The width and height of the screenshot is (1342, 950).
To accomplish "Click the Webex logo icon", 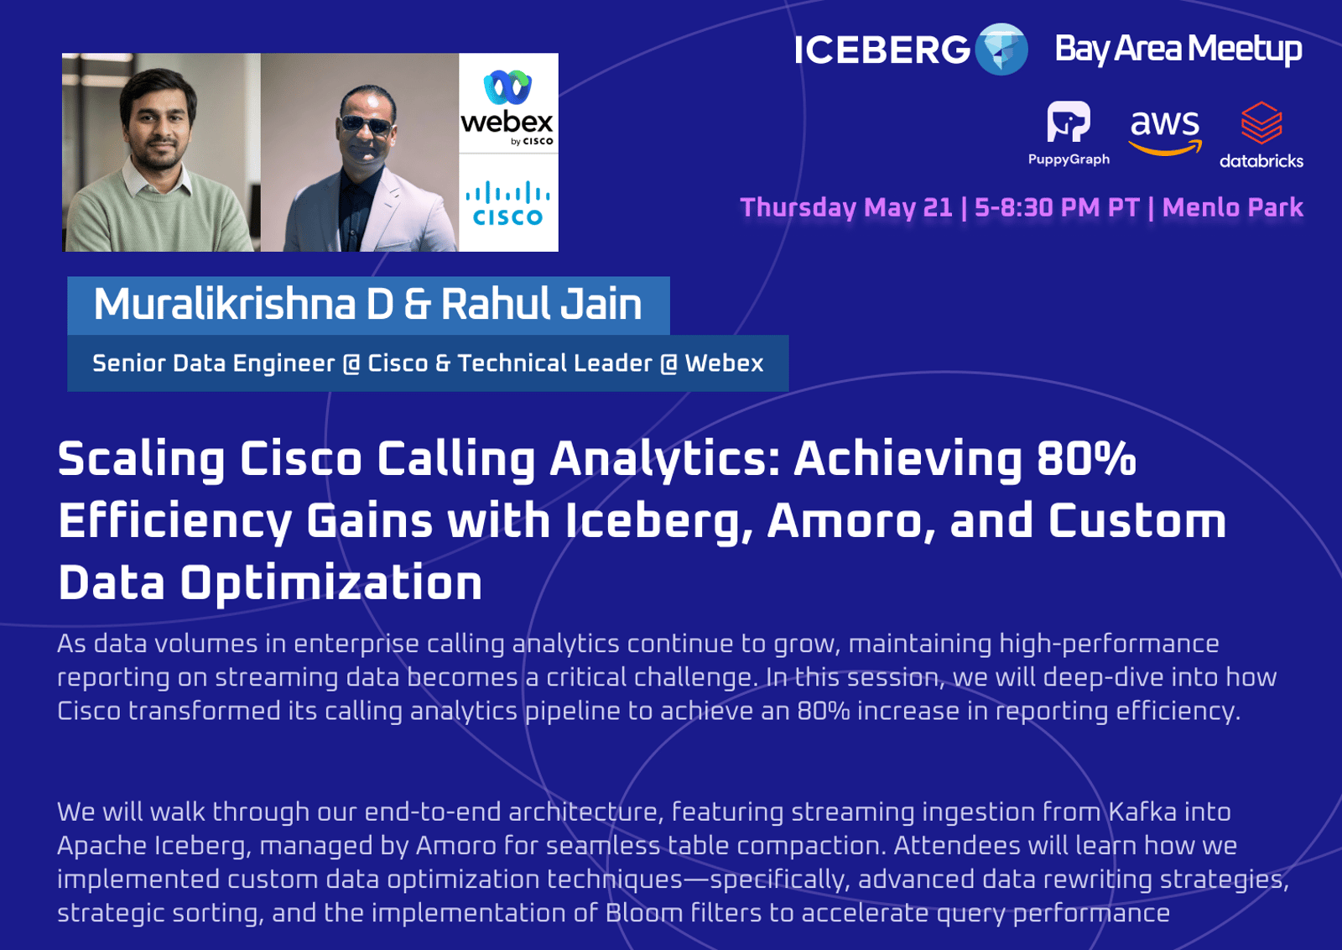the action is (507, 87).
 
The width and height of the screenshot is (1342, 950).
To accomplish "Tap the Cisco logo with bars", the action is (508, 203).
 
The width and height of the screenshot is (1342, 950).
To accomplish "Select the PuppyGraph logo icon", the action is (1069, 122).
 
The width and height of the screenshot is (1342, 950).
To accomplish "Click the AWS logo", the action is (1165, 133).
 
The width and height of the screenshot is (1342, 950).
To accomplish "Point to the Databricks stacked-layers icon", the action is (1261, 123).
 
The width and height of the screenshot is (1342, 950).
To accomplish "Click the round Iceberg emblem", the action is (1001, 50).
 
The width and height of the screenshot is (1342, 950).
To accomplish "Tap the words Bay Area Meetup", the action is (1178, 50).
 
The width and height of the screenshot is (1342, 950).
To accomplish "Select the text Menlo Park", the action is (1232, 207).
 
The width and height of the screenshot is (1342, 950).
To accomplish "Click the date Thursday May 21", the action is (846, 208).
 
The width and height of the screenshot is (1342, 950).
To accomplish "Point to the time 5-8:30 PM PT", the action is (1057, 207).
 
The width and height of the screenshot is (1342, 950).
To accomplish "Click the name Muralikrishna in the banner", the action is (225, 304).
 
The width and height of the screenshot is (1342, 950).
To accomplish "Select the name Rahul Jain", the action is (542, 304).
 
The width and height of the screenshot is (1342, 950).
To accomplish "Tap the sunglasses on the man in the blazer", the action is (366, 124).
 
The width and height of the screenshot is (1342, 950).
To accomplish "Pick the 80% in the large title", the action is (1085, 458).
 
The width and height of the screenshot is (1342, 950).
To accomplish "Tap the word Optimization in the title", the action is (331, 583).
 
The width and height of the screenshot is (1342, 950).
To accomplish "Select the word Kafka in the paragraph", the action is (1142, 812).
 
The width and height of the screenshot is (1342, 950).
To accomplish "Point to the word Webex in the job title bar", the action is (724, 363).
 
